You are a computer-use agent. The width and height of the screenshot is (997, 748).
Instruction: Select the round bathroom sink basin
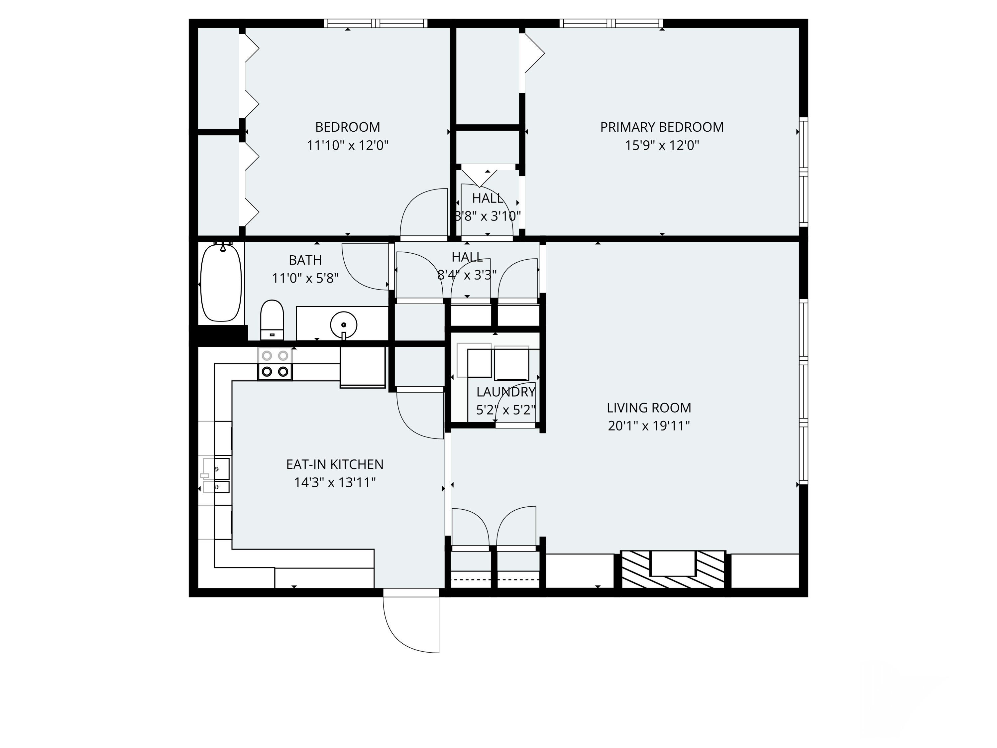[343, 324]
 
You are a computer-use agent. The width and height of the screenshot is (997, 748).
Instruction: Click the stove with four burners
[275, 364]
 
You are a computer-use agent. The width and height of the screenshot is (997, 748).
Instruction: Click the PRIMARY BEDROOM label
[661, 127]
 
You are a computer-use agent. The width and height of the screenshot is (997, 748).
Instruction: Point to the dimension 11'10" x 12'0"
[348, 146]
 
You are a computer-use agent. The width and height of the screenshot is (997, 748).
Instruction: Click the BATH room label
[305, 260]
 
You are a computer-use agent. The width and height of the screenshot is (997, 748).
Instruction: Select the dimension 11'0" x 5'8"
[305, 279]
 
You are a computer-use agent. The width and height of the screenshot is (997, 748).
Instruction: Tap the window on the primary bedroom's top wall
[611, 24]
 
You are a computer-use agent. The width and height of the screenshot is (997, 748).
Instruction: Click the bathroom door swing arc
[361, 271]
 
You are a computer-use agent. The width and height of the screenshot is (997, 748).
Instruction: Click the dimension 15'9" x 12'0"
[661, 146]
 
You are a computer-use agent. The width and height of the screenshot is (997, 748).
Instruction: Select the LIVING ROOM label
[649, 408]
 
